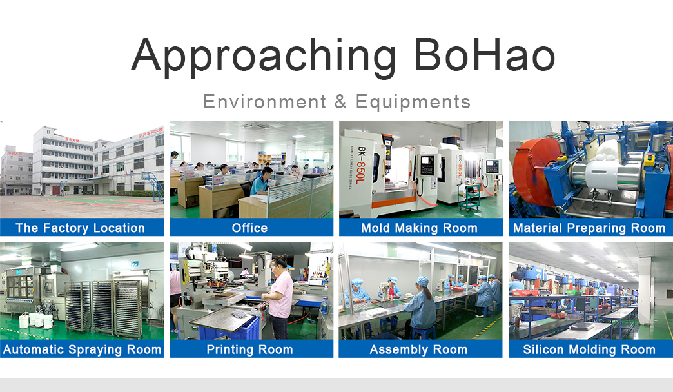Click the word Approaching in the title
[x=263, y=57]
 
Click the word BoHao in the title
[x=485, y=55]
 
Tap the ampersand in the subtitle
[x=340, y=102]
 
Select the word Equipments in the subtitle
[x=413, y=102]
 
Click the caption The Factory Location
[x=81, y=228]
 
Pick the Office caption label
[x=250, y=228]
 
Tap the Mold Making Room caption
[x=420, y=228]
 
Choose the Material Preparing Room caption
[x=589, y=228]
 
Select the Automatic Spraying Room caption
[x=83, y=349]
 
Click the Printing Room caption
[x=250, y=349]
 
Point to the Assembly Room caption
[x=418, y=349]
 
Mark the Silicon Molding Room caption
[x=589, y=349]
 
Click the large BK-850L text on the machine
[x=362, y=164]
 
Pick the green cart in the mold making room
[x=469, y=197]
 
